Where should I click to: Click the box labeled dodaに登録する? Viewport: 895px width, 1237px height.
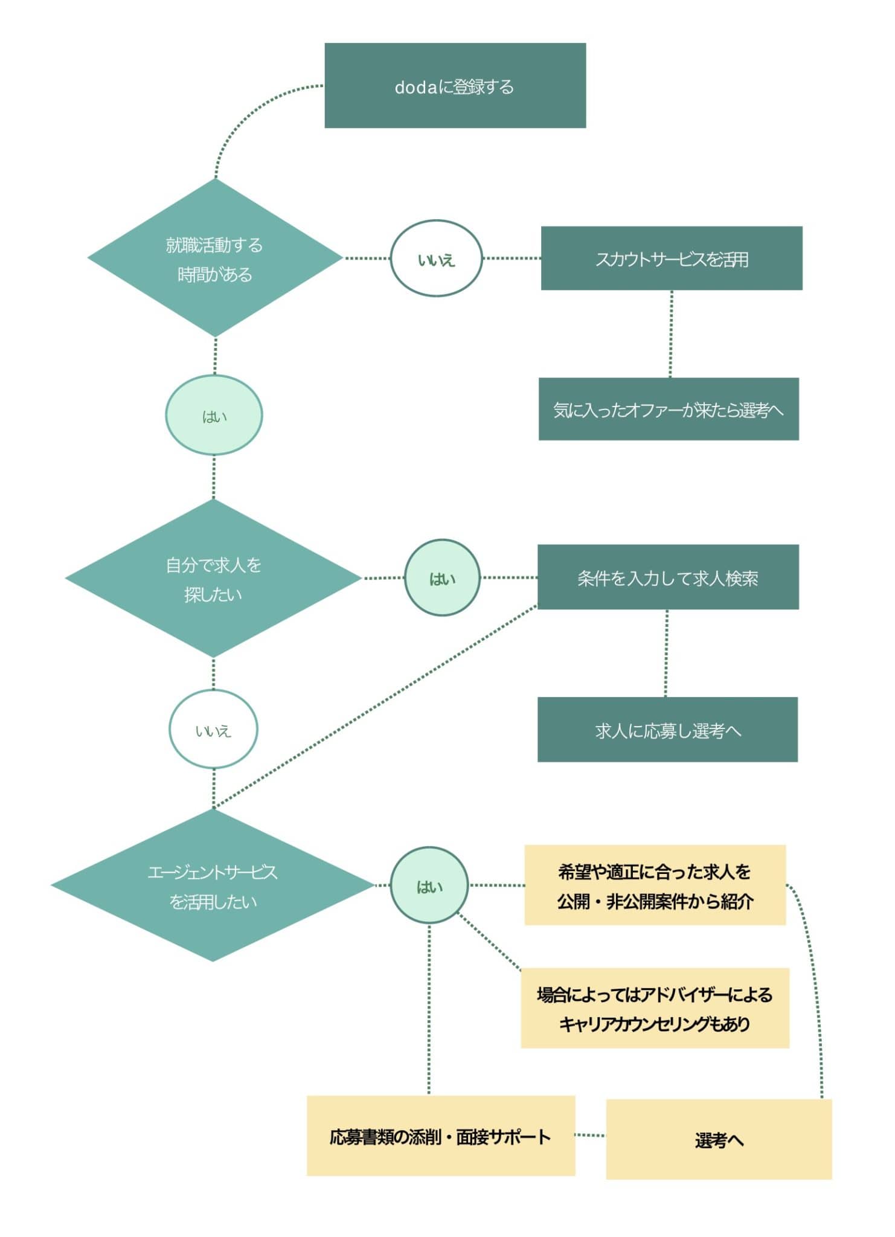455,86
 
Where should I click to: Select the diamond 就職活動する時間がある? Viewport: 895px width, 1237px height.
215,259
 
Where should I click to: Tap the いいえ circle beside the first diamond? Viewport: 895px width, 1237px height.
436,259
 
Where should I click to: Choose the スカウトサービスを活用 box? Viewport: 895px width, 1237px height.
672,259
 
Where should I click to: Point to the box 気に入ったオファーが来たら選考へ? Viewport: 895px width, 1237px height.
669,410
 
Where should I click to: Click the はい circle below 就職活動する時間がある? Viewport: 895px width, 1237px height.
214,416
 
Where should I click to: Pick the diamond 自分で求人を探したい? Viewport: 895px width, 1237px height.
213,579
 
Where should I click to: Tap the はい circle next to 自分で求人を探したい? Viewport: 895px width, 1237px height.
442,578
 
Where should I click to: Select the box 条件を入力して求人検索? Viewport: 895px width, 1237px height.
668,577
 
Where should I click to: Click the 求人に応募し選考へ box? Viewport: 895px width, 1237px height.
667,730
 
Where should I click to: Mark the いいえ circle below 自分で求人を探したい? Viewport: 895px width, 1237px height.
213,730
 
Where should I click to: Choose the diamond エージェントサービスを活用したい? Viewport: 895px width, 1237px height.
213,885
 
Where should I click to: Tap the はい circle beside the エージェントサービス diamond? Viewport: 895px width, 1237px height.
429,885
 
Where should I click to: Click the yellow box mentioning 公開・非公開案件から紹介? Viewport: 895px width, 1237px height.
655,885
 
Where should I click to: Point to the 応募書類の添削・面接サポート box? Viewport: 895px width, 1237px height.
441,1136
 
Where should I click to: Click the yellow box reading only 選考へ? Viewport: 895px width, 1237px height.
719,1139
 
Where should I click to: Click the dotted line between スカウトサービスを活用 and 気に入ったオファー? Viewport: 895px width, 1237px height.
671,334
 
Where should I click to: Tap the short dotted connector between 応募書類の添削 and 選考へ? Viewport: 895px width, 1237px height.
590,1136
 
